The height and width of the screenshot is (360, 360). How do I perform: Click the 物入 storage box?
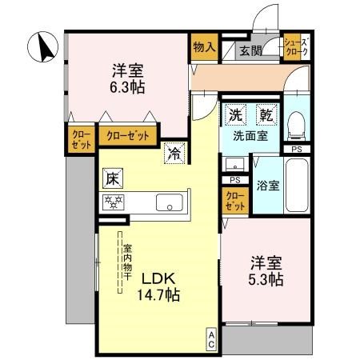tap(204, 46)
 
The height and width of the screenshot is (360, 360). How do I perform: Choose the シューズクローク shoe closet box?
tap(296, 47)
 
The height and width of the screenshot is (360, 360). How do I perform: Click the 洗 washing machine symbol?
tap(236, 115)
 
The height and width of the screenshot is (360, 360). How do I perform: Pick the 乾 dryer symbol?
tap(265, 115)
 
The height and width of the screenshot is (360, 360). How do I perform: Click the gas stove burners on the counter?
tap(112, 202)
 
